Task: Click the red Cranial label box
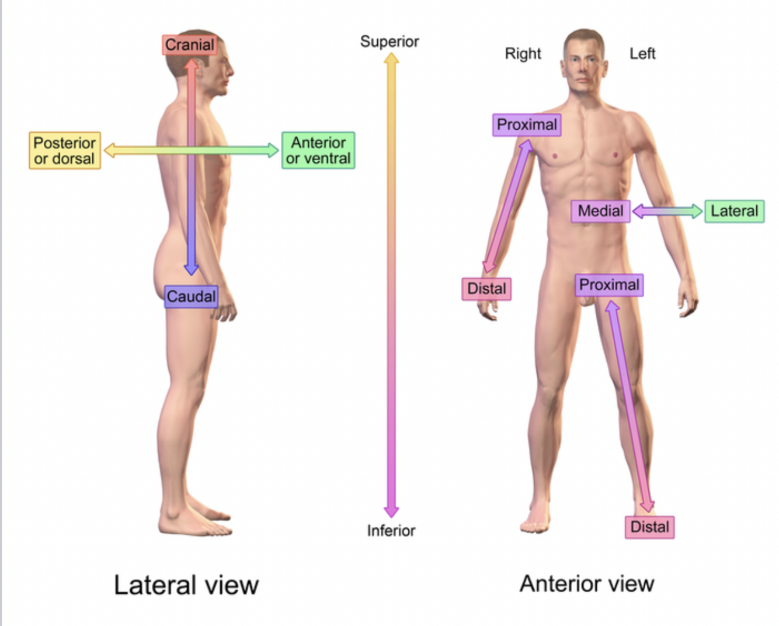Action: tap(189, 44)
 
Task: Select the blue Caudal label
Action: tap(191, 296)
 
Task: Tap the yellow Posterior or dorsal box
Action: tap(64, 150)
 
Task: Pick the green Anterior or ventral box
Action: tap(318, 150)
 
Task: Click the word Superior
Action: tap(389, 41)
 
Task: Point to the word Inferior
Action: tap(391, 531)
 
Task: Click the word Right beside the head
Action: tap(523, 54)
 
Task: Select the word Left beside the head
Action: tap(642, 54)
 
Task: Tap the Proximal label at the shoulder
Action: tap(527, 124)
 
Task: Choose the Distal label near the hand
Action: tap(486, 289)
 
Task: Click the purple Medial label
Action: tap(600, 211)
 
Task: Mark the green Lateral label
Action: tap(734, 211)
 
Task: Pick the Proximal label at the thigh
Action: tap(609, 285)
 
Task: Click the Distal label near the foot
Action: tap(649, 527)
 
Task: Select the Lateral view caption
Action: tap(186, 585)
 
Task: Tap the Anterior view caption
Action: tap(587, 583)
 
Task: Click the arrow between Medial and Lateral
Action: tap(667, 211)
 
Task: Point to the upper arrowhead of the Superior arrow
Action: tap(391, 58)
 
